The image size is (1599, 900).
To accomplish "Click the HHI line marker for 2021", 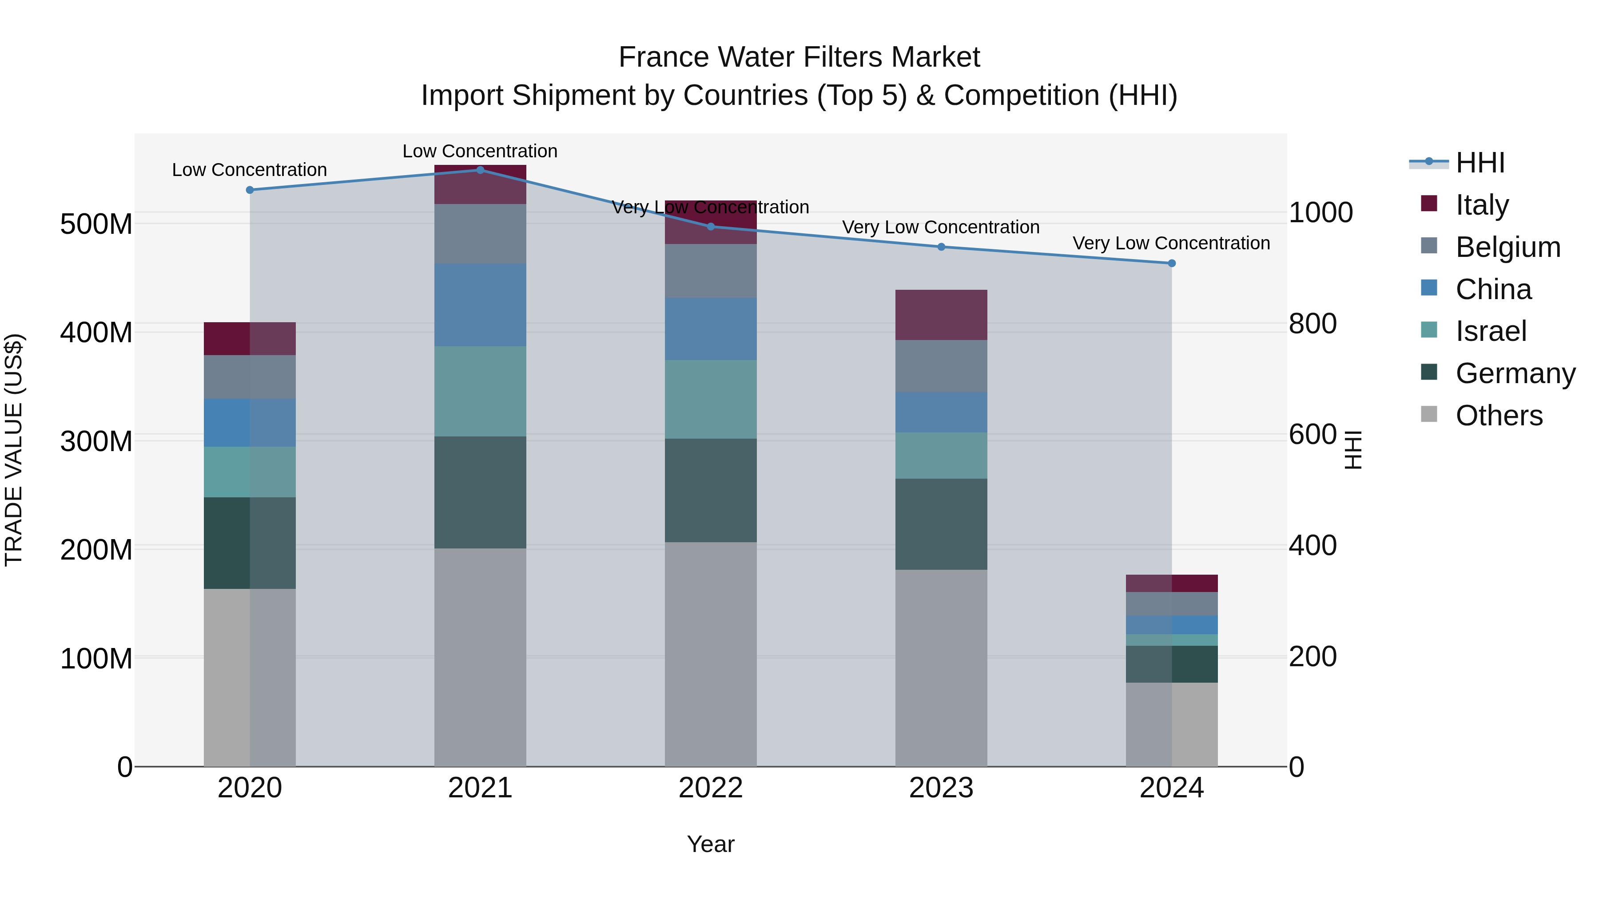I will coord(480,170).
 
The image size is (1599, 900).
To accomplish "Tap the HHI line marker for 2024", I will coord(1171,264).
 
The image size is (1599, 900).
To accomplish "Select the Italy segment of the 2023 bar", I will coord(941,315).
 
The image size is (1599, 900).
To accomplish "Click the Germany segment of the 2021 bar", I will coord(480,492).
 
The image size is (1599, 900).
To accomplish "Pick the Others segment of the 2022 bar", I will coord(711,654).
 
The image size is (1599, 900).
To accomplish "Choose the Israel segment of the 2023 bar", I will coord(941,455).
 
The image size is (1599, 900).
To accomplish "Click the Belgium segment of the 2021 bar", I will coord(480,233).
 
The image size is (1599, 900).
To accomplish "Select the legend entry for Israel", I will coord(1490,331).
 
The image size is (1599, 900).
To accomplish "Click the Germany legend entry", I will coord(1515,373).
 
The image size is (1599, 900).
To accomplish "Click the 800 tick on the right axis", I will coord(1312,324).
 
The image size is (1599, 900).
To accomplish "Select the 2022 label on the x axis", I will coord(711,788).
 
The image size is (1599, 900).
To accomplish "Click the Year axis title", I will coord(711,844).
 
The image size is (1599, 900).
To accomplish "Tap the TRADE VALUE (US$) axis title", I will coord(14,450).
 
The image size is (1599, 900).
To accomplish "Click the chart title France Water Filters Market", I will coord(799,57).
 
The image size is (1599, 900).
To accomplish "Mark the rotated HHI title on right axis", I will coord(1353,450).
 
